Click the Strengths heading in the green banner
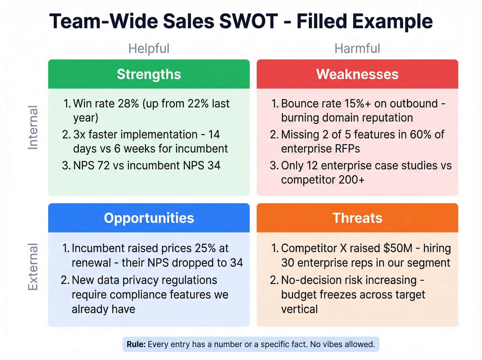click(x=149, y=74)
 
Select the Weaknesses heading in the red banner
click(x=357, y=74)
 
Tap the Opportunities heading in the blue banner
click(x=149, y=218)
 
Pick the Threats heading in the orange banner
click(x=357, y=218)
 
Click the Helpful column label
click(x=149, y=49)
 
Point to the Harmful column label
click(x=357, y=49)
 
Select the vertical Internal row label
click(x=33, y=127)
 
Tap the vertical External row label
click(x=33, y=267)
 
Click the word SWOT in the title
click(x=248, y=21)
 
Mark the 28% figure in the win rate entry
click(x=128, y=104)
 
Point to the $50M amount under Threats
click(x=398, y=248)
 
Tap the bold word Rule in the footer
click(x=136, y=344)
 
